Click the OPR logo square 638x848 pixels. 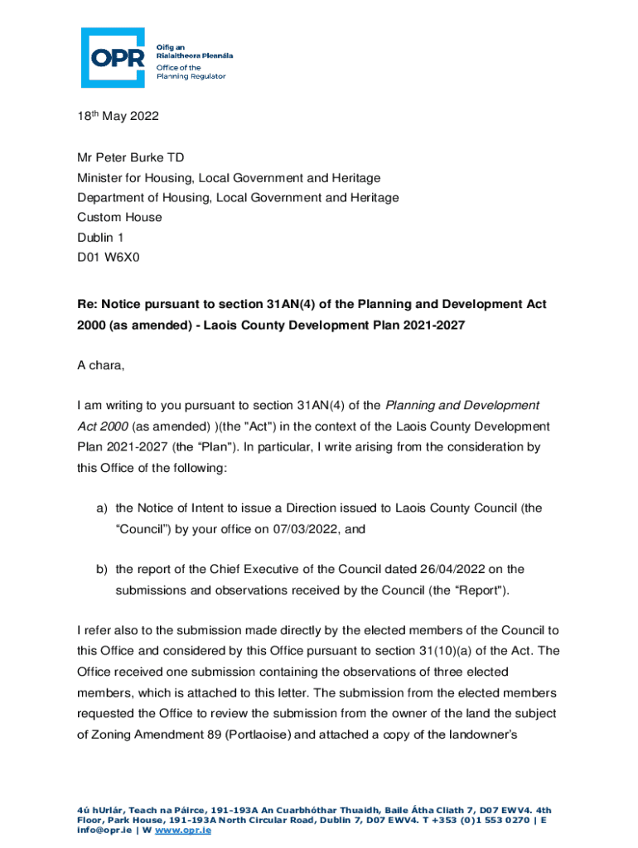coord(113,57)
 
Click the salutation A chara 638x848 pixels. coord(100,365)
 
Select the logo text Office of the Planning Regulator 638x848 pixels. coord(191,71)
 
